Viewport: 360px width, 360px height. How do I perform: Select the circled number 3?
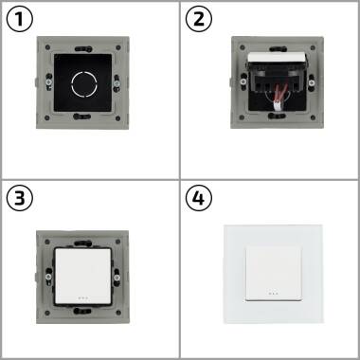coord(19,198)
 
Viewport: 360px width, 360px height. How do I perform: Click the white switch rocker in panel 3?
coord(90,271)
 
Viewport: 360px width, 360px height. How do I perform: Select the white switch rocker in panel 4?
coord(269,271)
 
